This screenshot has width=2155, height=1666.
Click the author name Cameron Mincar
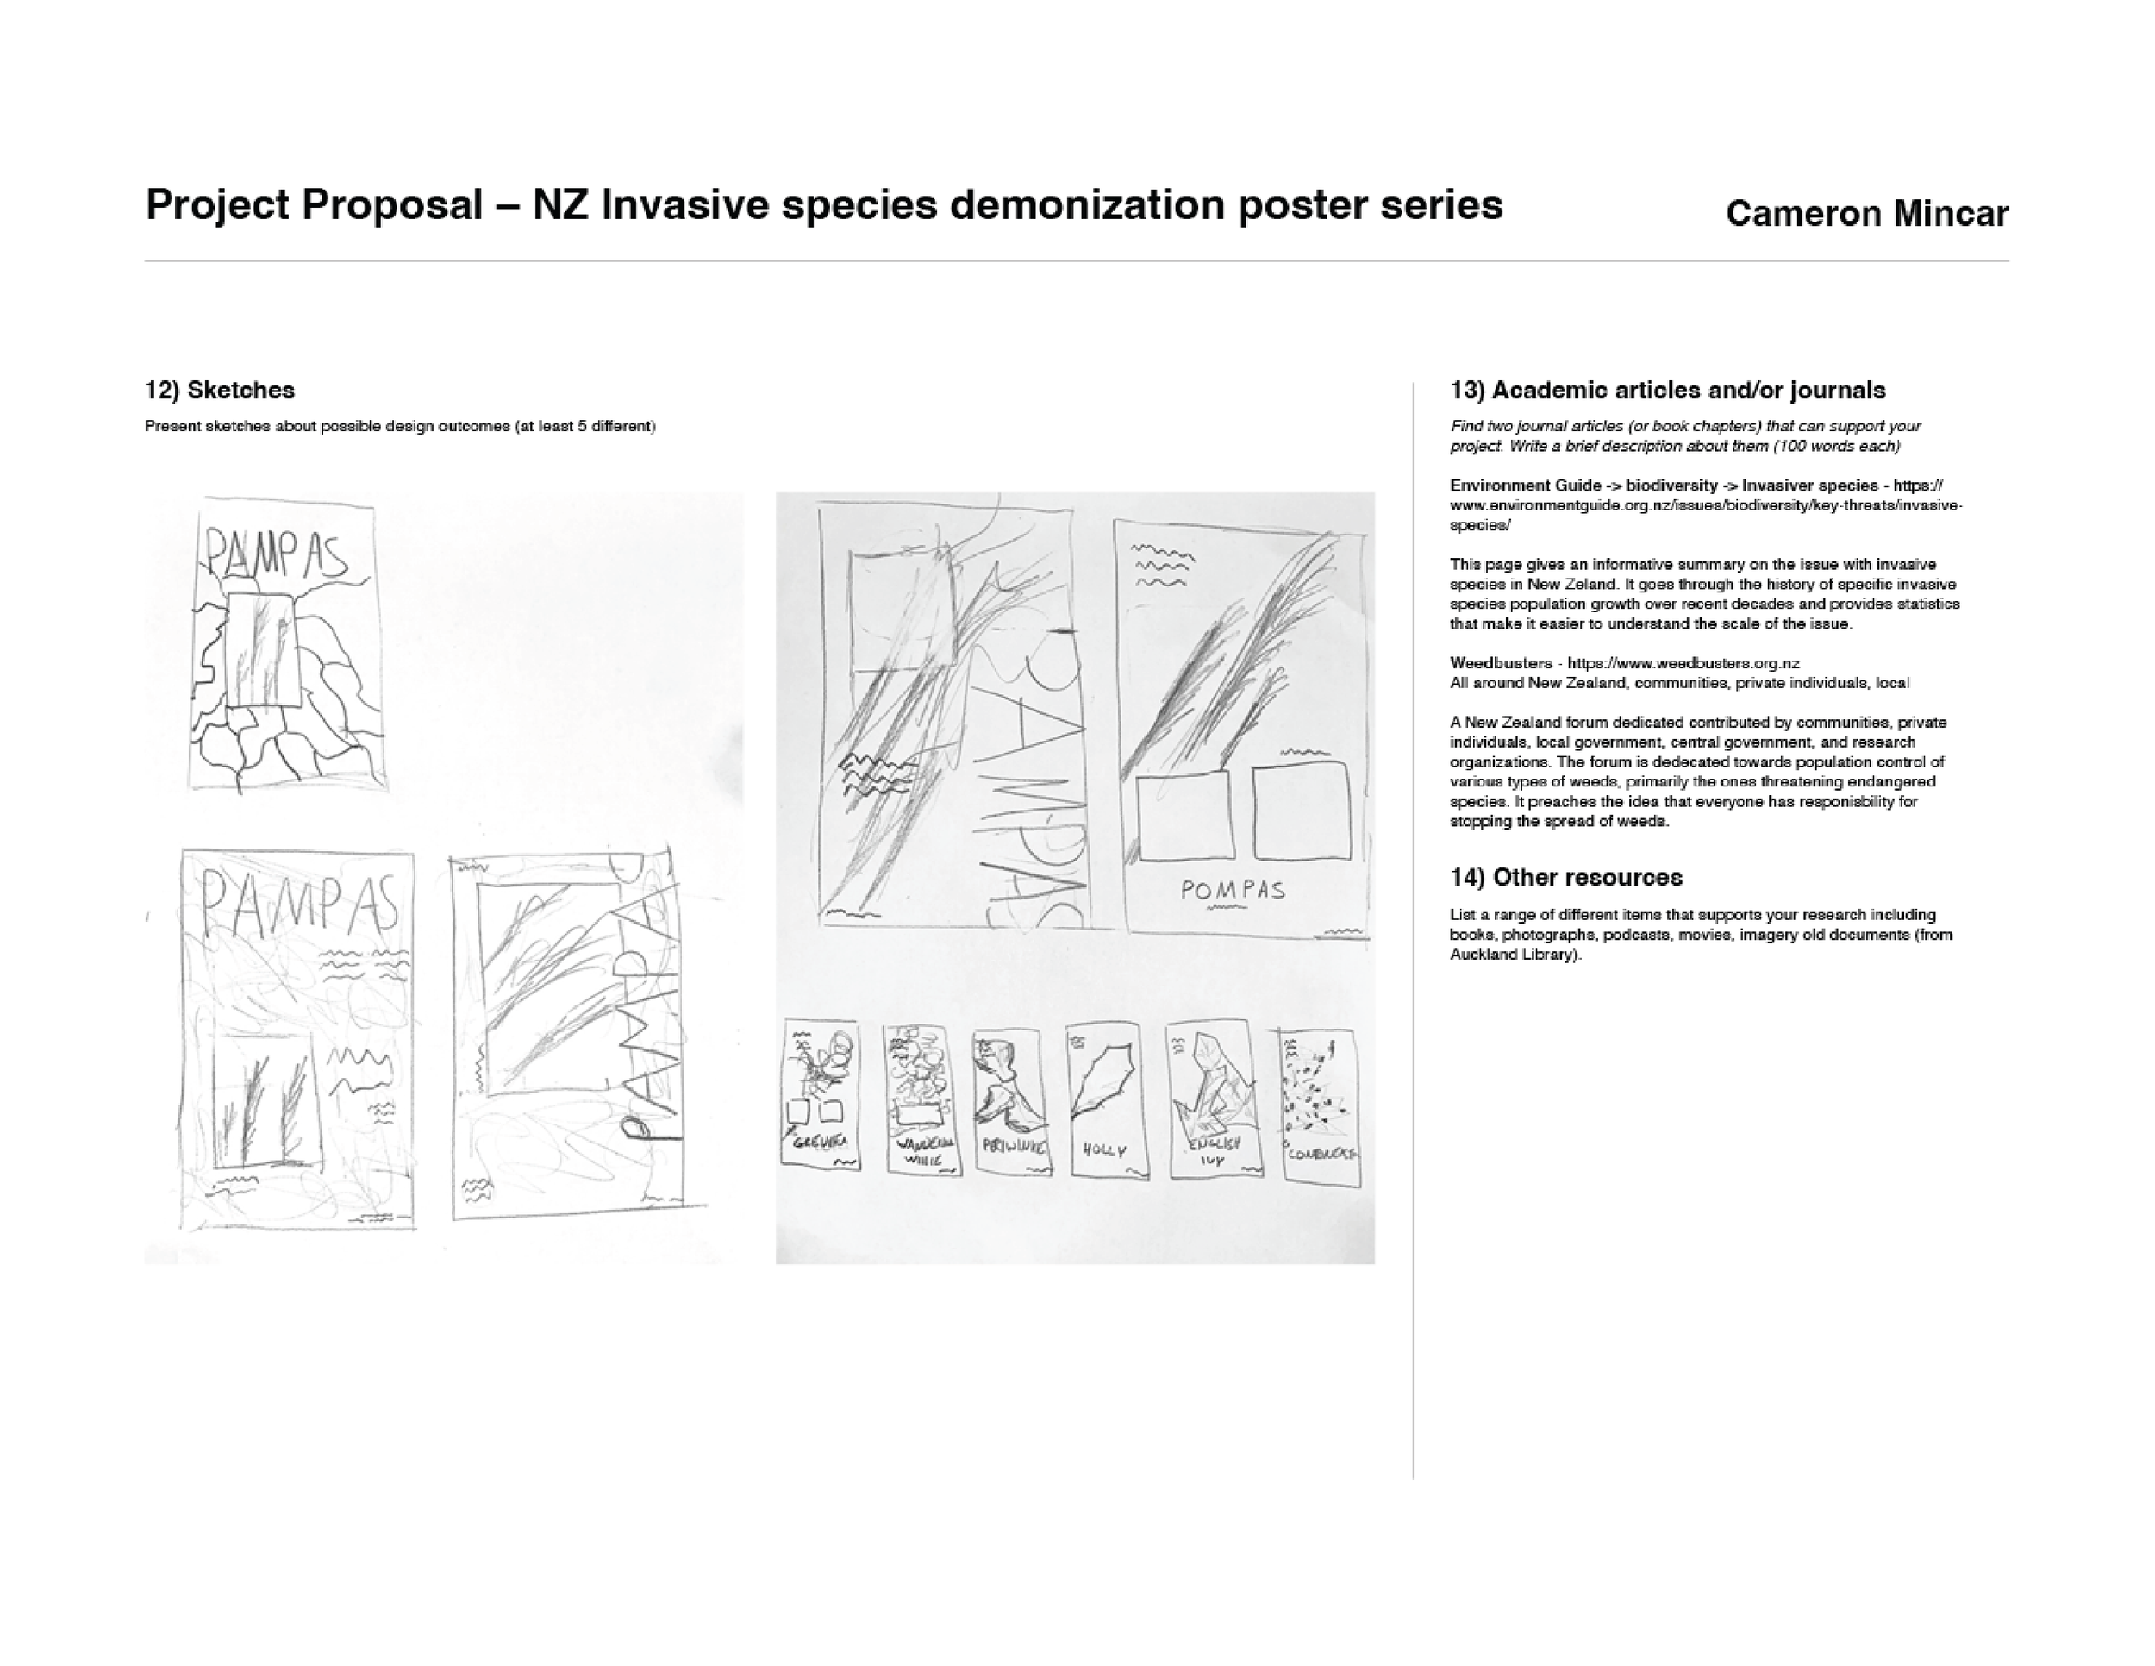[x=1866, y=214]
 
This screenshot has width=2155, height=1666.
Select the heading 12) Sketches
[x=219, y=390]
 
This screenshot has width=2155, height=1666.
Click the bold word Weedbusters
[x=1500, y=663]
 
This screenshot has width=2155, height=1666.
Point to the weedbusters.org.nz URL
[x=1683, y=663]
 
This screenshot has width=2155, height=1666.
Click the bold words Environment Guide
[x=1526, y=485]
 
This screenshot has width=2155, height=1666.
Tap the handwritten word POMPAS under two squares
[x=1234, y=890]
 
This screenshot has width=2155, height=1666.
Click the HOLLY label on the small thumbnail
[x=1103, y=1149]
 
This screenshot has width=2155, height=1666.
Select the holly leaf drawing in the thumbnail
[x=1102, y=1083]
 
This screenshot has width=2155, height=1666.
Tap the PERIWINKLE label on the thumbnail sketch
[x=1011, y=1147]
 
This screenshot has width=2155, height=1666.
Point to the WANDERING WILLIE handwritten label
[x=923, y=1149]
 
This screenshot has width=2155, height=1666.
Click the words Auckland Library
[x=1514, y=955]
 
